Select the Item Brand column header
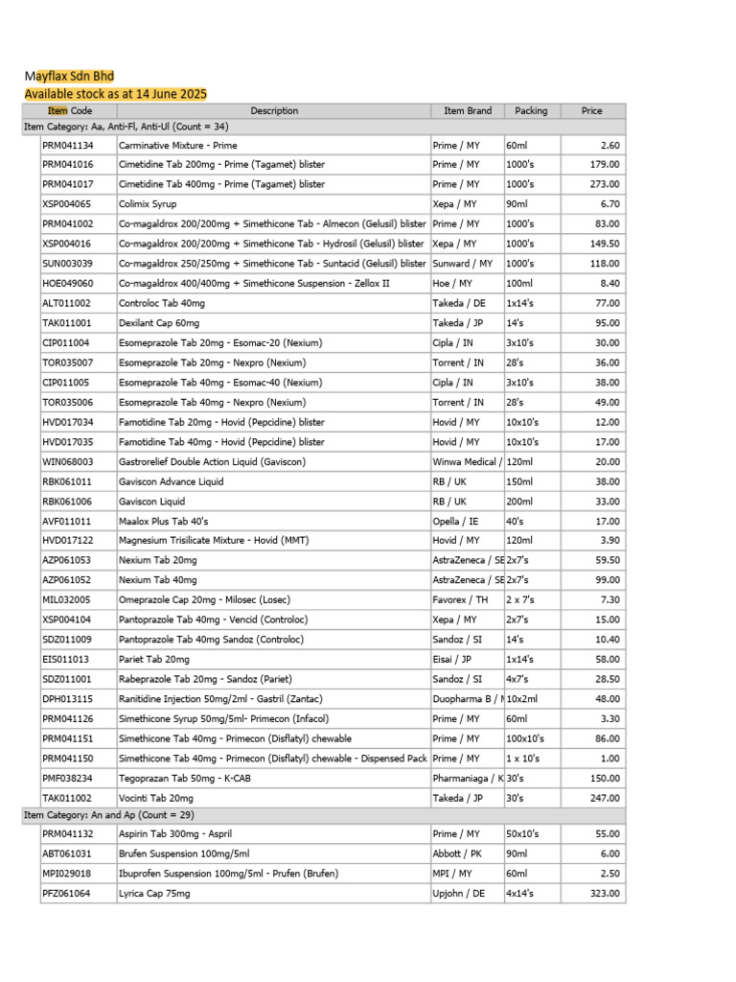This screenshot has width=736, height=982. coord(467,111)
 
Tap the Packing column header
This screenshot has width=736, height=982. coord(531,111)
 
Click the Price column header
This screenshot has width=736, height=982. coord(592,111)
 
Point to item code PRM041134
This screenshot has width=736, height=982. coord(68,145)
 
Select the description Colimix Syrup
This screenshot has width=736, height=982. coord(148,204)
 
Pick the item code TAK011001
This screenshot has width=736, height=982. coord(67,323)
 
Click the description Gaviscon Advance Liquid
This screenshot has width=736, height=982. coord(171,481)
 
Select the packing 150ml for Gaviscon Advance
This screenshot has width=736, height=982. coord(518,481)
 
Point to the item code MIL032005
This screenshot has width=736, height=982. coord(67,600)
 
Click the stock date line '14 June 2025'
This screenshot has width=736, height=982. coord(115,94)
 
